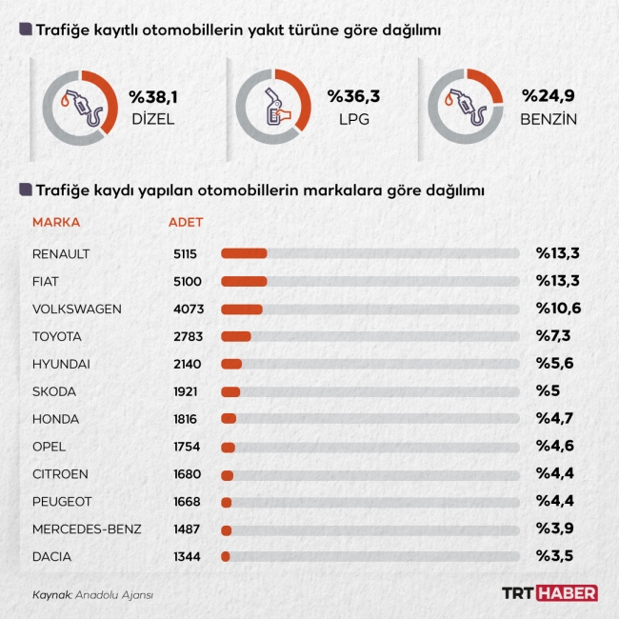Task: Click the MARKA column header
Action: point(56,223)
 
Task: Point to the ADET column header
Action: point(186,223)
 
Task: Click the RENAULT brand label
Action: point(61,253)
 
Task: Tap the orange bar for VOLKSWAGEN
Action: point(242,309)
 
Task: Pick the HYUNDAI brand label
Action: point(61,364)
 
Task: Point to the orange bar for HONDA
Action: point(229,419)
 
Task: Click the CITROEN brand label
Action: point(60,474)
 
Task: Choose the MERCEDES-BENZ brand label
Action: point(87,529)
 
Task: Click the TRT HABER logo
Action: point(549,593)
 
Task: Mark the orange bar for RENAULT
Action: point(244,253)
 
